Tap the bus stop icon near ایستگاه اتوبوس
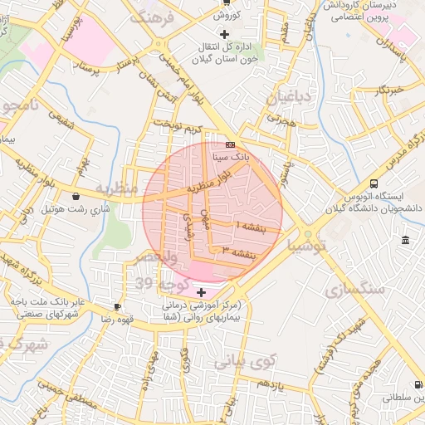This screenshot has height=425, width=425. click(374, 183)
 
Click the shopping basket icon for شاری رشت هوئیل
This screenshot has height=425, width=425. click(76, 197)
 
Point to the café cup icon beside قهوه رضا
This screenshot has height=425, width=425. click(117, 306)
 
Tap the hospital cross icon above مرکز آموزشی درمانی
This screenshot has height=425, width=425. click(201, 291)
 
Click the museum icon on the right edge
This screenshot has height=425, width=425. click(404, 241)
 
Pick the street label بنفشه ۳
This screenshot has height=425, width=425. click(236, 252)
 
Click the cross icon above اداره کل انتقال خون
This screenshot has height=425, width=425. click(222, 34)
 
